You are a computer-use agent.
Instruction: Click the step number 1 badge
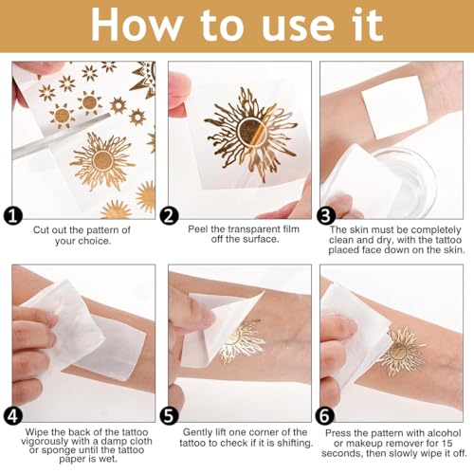pyautogui.click(x=12, y=216)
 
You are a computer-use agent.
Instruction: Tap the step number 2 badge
pyautogui.click(x=169, y=216)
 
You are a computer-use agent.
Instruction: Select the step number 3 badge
pyautogui.click(x=325, y=216)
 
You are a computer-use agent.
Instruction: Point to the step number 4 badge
pyautogui.click(x=12, y=415)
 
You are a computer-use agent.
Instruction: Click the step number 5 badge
pyautogui.click(x=169, y=415)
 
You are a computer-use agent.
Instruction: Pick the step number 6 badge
pyautogui.click(x=325, y=415)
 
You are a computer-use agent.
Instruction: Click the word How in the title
pyautogui.click(x=137, y=25)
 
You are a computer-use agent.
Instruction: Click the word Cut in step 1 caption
pyautogui.click(x=42, y=229)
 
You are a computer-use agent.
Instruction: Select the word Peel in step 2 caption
pyautogui.click(x=198, y=228)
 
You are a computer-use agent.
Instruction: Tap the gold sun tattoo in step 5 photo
pyautogui.click(x=241, y=341)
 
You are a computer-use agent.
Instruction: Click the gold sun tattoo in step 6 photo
pyautogui.click(x=402, y=350)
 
